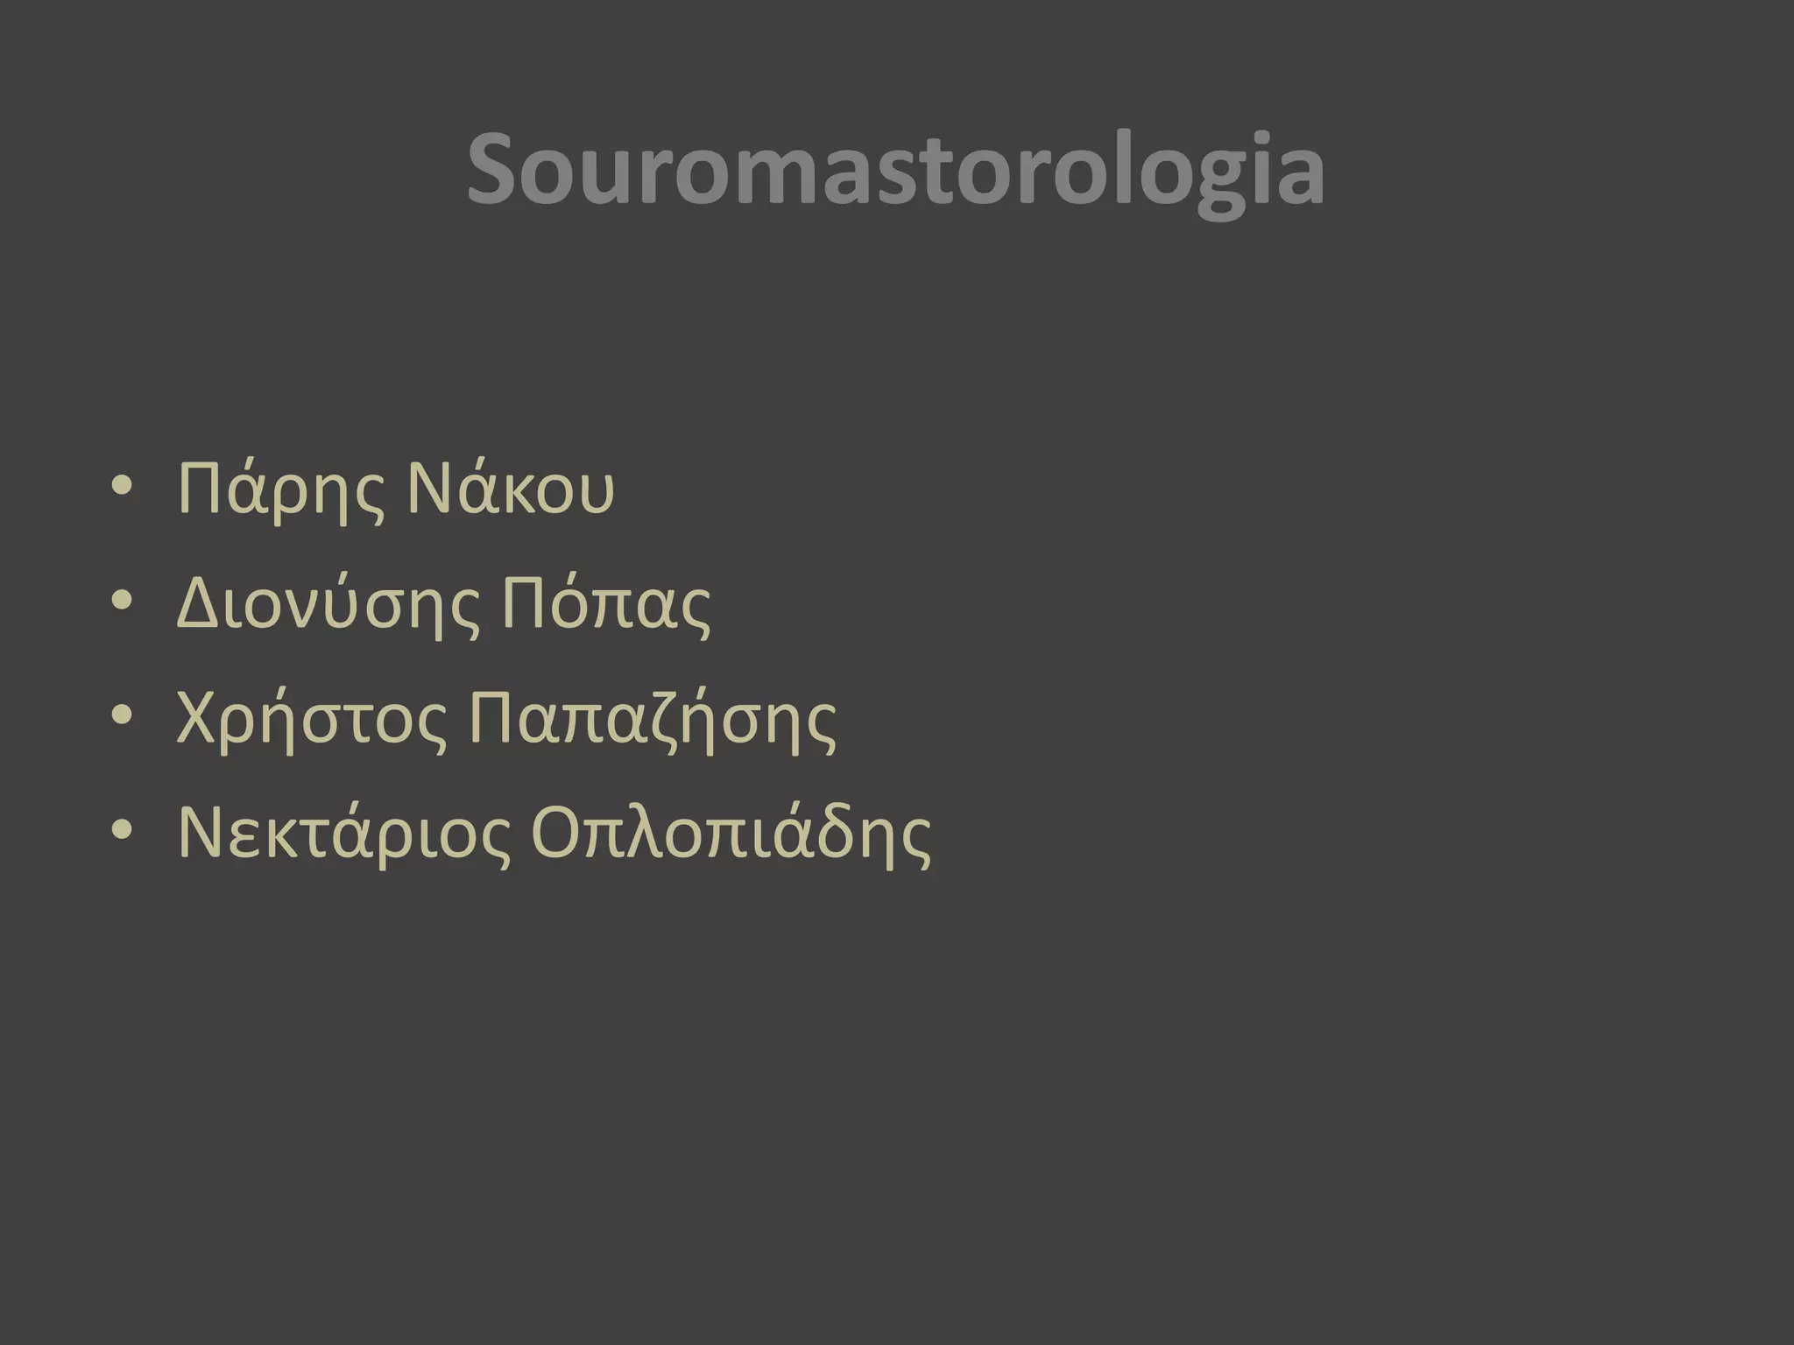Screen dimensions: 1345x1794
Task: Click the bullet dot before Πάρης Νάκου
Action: (123, 487)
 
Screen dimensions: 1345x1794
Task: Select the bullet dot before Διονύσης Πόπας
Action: (123, 602)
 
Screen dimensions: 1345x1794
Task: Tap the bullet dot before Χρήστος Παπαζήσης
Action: (123, 718)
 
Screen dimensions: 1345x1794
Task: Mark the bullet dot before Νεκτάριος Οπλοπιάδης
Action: (123, 831)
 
